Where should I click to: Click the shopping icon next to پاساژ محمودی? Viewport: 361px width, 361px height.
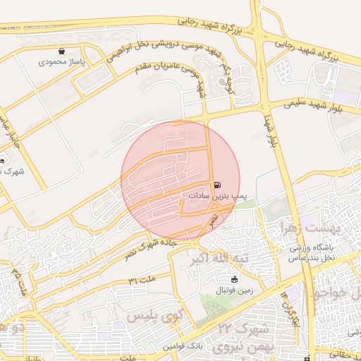pyautogui.click(x=62, y=51)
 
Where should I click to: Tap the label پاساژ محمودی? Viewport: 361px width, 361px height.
pyautogui.click(x=62, y=62)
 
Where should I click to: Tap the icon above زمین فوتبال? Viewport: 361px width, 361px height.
pyautogui.click(x=225, y=280)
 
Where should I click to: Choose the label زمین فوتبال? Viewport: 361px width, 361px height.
pyautogui.click(x=225, y=290)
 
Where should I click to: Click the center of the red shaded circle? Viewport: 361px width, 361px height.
pyautogui.click(x=180, y=180)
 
